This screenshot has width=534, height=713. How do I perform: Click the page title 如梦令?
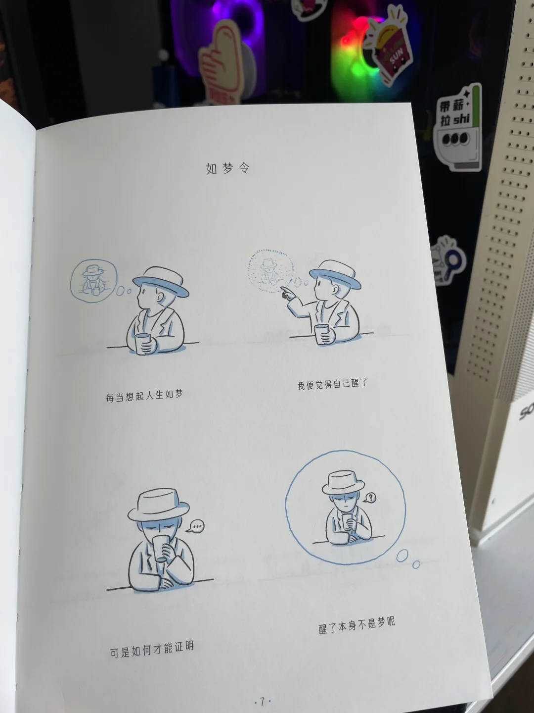[x=228, y=168]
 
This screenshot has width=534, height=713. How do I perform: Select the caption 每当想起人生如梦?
[x=144, y=396]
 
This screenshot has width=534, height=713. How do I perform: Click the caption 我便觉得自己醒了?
[x=332, y=384]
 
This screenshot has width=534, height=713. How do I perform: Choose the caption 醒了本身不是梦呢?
[x=356, y=626]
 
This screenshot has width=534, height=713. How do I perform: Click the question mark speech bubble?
[x=370, y=498]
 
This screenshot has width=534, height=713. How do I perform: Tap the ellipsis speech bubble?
[x=196, y=526]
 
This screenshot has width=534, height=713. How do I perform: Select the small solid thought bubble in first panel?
[x=94, y=281]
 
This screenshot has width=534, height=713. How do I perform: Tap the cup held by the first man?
[x=142, y=343]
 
